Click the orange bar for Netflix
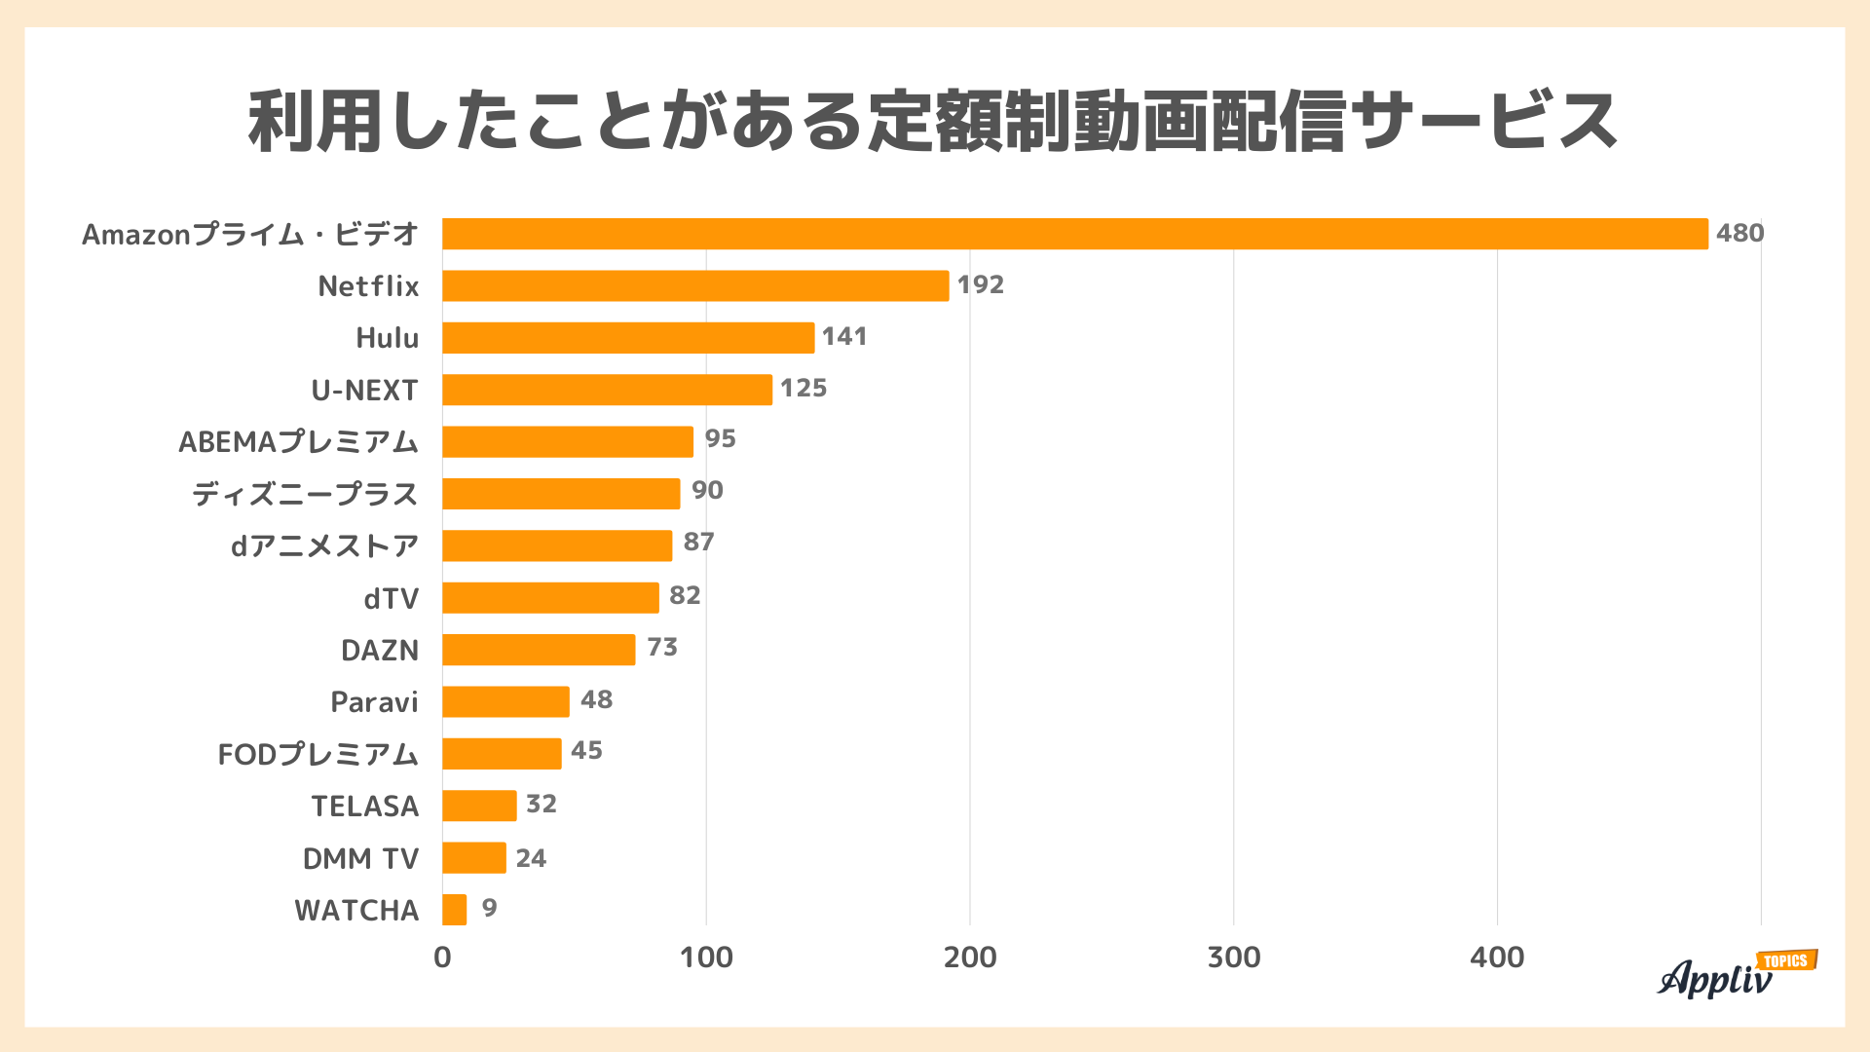[x=695, y=285]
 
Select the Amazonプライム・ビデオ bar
[x=1074, y=234]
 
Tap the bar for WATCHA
[x=455, y=910]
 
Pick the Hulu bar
[x=628, y=338]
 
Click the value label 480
[x=1739, y=233]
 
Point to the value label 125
[x=804, y=388]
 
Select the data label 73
[x=662, y=647]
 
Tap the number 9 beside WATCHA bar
[x=489, y=908]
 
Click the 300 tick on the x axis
[x=1233, y=958]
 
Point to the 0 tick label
[x=442, y=958]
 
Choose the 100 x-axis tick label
[x=706, y=958]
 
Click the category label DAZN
[x=380, y=650]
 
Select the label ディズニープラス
[x=305, y=494]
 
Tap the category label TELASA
[x=365, y=806]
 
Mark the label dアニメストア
[x=324, y=545]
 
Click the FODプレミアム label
[x=318, y=754]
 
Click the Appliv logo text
[x=1714, y=979]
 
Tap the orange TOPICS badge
[x=1786, y=960]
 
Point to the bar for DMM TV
[x=474, y=858]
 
